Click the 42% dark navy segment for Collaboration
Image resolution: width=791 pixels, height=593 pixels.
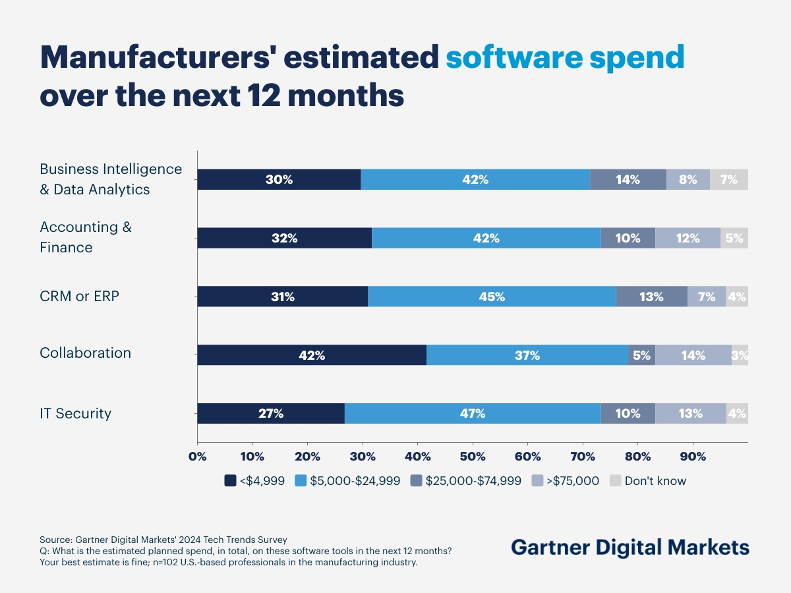[x=312, y=355]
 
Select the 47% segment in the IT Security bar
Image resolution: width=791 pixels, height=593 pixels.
[x=473, y=413]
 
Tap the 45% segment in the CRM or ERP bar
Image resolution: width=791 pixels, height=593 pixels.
[x=492, y=296]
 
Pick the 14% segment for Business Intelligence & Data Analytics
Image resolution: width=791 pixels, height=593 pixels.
[x=628, y=179]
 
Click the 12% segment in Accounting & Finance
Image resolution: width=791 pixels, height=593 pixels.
[x=688, y=238]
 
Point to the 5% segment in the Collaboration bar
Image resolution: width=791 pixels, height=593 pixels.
[x=641, y=355]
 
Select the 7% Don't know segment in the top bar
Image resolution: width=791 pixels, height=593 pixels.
[x=729, y=179]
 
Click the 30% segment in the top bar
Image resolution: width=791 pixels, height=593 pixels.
[x=279, y=179]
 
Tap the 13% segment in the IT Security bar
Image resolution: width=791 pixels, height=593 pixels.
[x=690, y=413]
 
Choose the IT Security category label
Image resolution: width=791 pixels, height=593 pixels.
[x=76, y=413]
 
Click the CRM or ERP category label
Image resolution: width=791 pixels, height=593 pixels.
[x=80, y=296]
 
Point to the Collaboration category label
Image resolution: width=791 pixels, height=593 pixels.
[x=86, y=353]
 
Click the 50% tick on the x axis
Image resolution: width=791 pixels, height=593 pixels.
[x=473, y=457]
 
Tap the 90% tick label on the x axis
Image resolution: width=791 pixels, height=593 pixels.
[x=693, y=457]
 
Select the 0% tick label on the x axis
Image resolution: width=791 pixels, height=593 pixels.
[x=197, y=457]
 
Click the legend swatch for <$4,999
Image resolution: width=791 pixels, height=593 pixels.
[x=230, y=480]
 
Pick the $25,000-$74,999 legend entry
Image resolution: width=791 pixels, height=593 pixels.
[x=465, y=480]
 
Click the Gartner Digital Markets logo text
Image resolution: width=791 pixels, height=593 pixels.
[x=630, y=547]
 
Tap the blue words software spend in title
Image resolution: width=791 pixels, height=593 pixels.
[x=565, y=58]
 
